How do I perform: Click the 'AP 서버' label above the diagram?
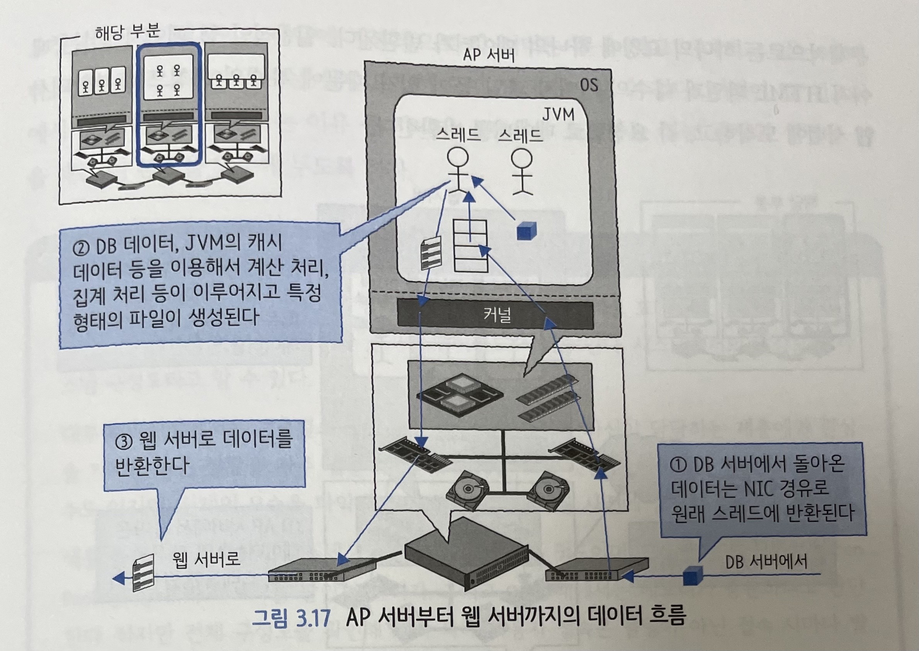coord(488,55)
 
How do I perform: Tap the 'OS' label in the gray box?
coord(589,85)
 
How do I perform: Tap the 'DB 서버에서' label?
coord(766,561)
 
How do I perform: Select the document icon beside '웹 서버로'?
coord(143,572)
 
